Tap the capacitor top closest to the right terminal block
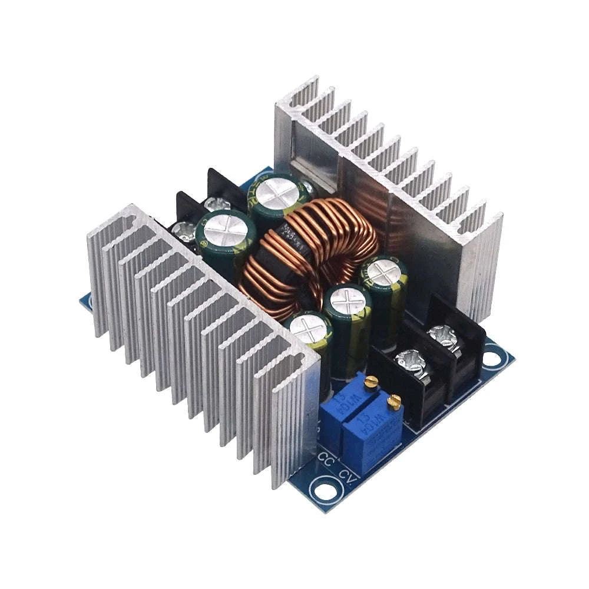coord(384,273)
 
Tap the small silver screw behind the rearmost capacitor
coord(307,187)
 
